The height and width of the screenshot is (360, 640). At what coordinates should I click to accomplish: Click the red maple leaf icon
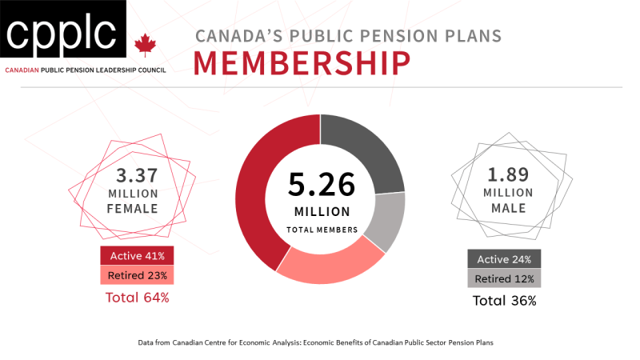coord(145,45)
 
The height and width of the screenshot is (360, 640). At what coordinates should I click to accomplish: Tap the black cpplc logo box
coord(62,32)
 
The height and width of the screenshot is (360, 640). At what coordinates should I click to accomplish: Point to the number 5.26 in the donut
coord(322,185)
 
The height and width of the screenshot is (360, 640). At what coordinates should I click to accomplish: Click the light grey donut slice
coord(386,221)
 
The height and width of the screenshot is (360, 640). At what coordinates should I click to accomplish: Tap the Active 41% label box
coord(137,256)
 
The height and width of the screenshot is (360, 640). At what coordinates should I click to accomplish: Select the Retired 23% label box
coord(137,276)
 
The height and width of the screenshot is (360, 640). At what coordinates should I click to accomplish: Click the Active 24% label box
coord(505,258)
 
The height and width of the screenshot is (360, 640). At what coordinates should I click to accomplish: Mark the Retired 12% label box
coord(505,278)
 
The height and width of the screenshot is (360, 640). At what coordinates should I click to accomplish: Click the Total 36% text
coord(504,302)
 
